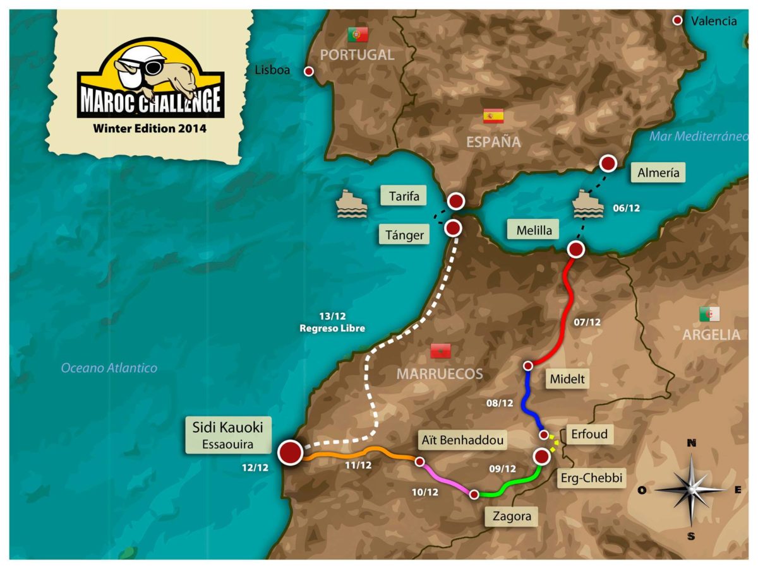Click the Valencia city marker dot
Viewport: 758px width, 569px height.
pos(678,21)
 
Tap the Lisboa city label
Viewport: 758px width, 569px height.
pos(272,71)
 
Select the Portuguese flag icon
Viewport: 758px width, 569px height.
pos(358,35)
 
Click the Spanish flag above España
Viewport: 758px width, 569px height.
pos(493,116)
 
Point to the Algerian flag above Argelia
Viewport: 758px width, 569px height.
pos(709,314)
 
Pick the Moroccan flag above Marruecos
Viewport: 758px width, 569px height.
pos(440,351)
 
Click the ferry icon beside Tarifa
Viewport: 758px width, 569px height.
pos(352,204)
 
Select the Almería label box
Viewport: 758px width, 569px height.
pos(658,172)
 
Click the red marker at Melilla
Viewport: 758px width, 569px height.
pos(576,250)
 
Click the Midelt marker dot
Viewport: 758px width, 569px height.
pos(529,366)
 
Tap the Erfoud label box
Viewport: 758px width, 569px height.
pos(587,435)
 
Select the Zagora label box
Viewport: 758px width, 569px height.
pos(510,517)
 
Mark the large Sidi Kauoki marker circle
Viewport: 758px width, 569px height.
pos(291,452)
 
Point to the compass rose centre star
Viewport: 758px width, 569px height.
pos(691,489)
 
